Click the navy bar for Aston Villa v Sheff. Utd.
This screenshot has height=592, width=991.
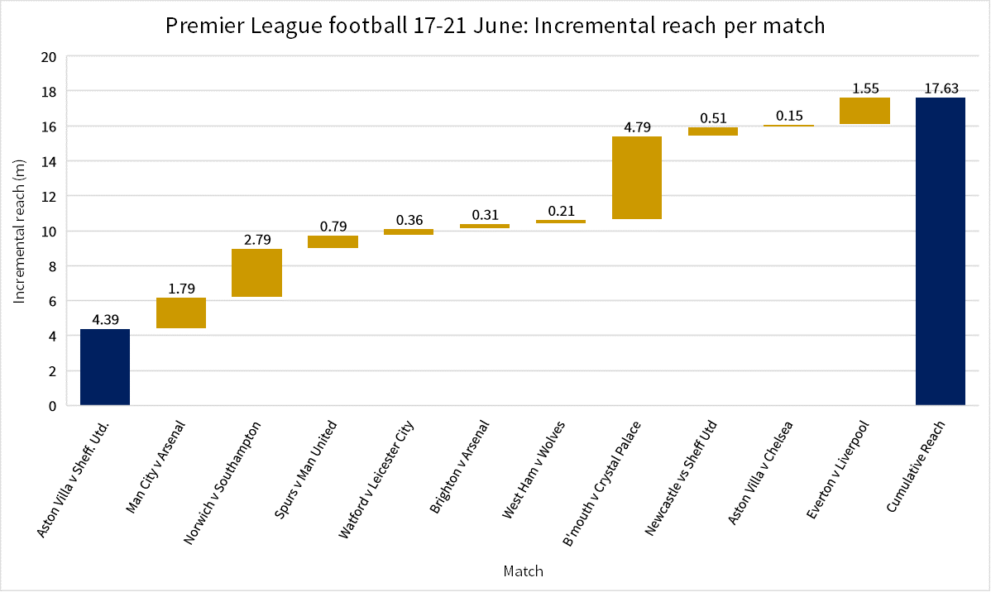point(105,367)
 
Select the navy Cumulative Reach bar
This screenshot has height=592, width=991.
point(941,251)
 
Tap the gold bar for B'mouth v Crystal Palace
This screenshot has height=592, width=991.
point(637,178)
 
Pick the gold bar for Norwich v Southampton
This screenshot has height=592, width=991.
point(256,273)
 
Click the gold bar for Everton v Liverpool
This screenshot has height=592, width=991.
point(864,111)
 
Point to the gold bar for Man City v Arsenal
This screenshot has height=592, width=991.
point(181,313)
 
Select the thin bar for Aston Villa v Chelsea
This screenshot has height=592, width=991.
point(789,126)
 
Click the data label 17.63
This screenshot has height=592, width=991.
point(941,88)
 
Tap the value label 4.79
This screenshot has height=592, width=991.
point(637,127)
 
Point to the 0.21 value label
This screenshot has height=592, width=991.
point(561,211)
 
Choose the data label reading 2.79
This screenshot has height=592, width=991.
point(257,240)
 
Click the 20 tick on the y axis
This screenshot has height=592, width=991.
point(49,57)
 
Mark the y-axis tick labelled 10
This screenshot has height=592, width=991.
point(49,232)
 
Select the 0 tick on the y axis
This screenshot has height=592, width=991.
point(52,406)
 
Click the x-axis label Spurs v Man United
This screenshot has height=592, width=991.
point(305,470)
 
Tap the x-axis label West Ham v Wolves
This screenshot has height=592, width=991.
point(533,470)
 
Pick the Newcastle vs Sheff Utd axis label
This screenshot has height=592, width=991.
point(681,478)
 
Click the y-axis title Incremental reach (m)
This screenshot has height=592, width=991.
point(19,232)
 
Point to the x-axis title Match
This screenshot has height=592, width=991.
point(524,571)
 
